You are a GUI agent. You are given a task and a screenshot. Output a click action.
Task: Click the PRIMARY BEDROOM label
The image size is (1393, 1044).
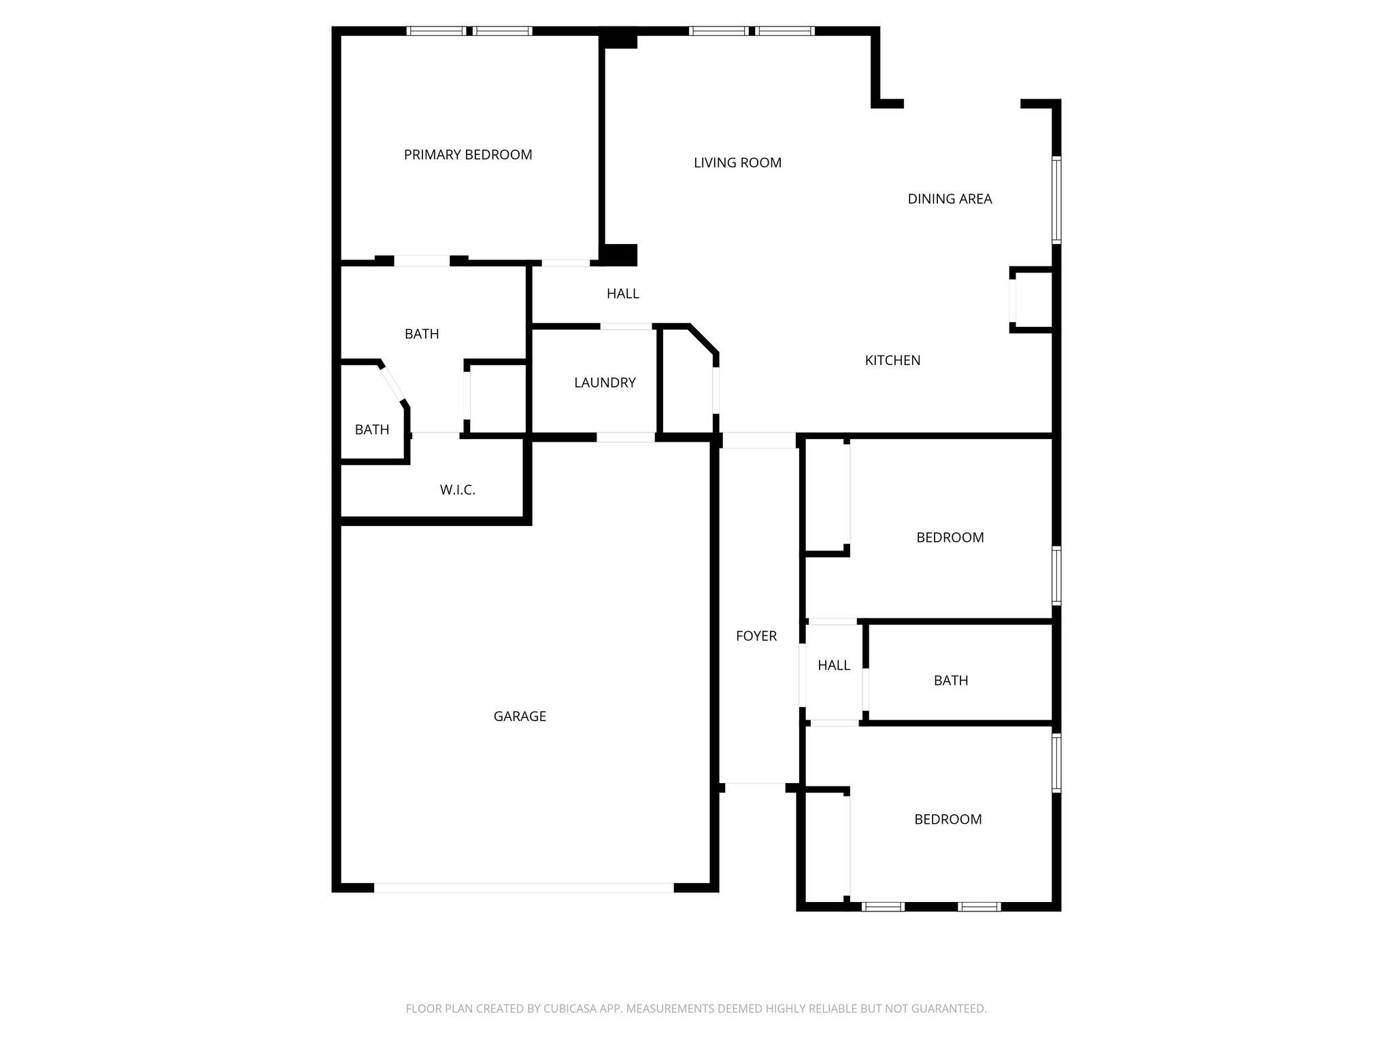pos(468,155)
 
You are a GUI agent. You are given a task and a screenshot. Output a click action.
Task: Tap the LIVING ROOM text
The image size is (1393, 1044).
pos(737,163)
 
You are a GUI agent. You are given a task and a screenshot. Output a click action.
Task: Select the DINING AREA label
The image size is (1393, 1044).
pos(950,199)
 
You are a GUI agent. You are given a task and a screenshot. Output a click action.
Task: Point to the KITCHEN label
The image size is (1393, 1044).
pos(892,361)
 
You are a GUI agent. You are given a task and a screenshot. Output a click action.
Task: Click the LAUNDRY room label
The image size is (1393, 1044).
pos(605,383)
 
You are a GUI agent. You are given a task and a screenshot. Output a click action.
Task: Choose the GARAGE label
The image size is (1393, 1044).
pos(520,716)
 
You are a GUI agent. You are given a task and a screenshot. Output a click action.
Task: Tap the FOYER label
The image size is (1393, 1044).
pos(756,636)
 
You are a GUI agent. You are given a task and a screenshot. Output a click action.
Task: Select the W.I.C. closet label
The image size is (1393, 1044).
pos(457,490)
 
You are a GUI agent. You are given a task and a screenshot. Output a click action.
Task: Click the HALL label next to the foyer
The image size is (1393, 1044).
pos(833,666)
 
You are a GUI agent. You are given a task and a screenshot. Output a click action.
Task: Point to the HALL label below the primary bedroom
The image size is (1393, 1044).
pos(622,294)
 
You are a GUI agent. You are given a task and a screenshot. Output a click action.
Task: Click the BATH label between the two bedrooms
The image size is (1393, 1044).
pos(950,681)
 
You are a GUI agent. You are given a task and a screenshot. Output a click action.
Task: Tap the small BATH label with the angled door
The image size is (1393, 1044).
pos(372,430)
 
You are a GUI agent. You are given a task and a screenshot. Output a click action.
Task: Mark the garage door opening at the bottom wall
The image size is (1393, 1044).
pos(523,888)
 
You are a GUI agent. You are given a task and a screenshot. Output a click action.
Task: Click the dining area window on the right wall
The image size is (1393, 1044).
pos(1056,201)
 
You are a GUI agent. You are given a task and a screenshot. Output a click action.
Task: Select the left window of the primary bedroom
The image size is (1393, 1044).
pos(436,31)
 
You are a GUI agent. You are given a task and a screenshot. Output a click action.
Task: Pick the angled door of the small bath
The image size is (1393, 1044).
pos(392,385)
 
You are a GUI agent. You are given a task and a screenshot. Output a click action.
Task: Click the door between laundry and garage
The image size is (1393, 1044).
pos(626,438)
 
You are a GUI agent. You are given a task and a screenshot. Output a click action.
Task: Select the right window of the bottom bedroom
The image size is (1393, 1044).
pos(979,906)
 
